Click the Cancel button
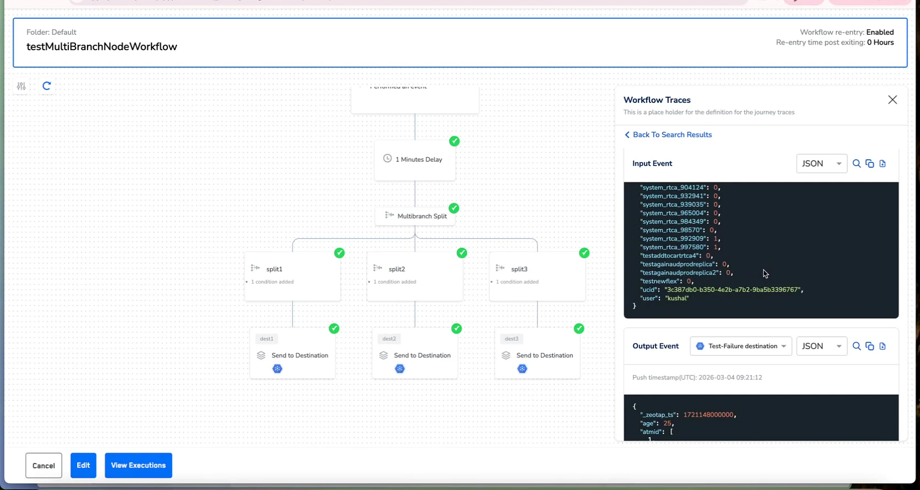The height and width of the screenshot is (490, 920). (44, 465)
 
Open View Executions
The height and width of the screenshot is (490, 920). (138, 465)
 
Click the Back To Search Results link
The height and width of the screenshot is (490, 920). (672, 135)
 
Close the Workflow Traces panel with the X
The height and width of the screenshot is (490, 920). (892, 100)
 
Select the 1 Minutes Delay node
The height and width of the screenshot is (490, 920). (415, 159)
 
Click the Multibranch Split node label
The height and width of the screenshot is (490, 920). (421, 216)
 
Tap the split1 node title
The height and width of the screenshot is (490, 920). (274, 269)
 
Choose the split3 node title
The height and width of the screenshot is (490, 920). (519, 269)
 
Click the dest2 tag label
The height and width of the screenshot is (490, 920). (389, 339)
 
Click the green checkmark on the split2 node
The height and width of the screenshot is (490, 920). (462, 253)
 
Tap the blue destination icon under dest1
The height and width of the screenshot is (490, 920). (278, 369)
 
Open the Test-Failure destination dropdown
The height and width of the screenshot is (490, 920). (741, 346)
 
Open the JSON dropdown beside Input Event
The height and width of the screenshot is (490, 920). (821, 164)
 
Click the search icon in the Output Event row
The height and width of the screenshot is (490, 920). (857, 346)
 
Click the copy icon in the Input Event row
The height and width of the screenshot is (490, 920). (870, 164)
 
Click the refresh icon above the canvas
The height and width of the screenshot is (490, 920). (47, 86)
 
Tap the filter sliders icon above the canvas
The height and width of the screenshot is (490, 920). (21, 86)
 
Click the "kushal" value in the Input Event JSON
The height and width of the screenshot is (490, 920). (677, 298)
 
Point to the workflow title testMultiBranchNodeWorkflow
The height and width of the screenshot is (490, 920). (102, 47)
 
